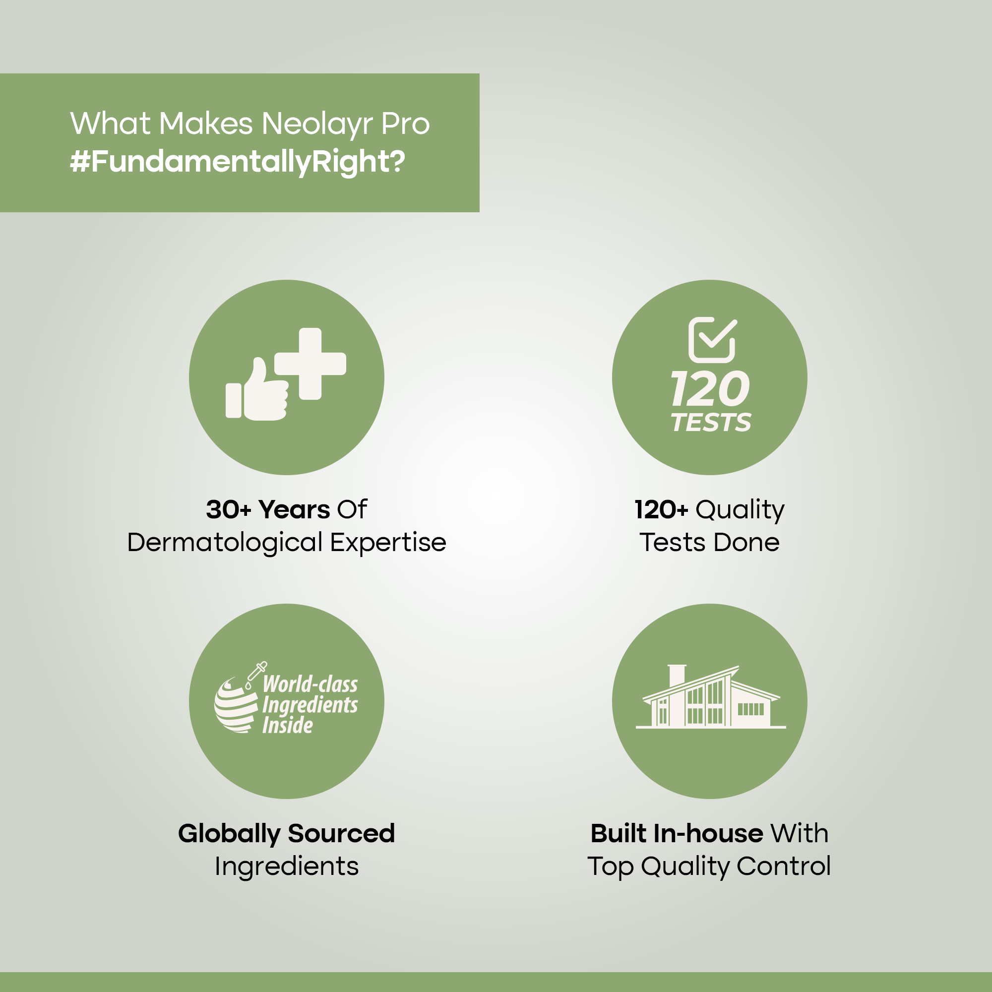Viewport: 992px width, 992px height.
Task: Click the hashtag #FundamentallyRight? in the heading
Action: click(237, 162)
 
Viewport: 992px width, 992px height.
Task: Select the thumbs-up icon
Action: click(257, 389)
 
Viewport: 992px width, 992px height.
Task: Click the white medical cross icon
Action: click(310, 364)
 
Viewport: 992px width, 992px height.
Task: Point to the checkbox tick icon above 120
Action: click(712, 340)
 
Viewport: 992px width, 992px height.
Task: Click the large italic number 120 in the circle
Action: click(710, 389)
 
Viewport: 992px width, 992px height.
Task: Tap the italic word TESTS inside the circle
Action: click(711, 423)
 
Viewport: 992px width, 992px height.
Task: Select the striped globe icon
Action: click(236, 705)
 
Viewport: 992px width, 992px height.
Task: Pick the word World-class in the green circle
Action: click(310, 684)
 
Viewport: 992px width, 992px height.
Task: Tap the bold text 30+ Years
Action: click(268, 510)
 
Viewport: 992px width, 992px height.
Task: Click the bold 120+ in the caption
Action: click(661, 510)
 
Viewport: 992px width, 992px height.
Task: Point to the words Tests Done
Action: click(710, 543)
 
